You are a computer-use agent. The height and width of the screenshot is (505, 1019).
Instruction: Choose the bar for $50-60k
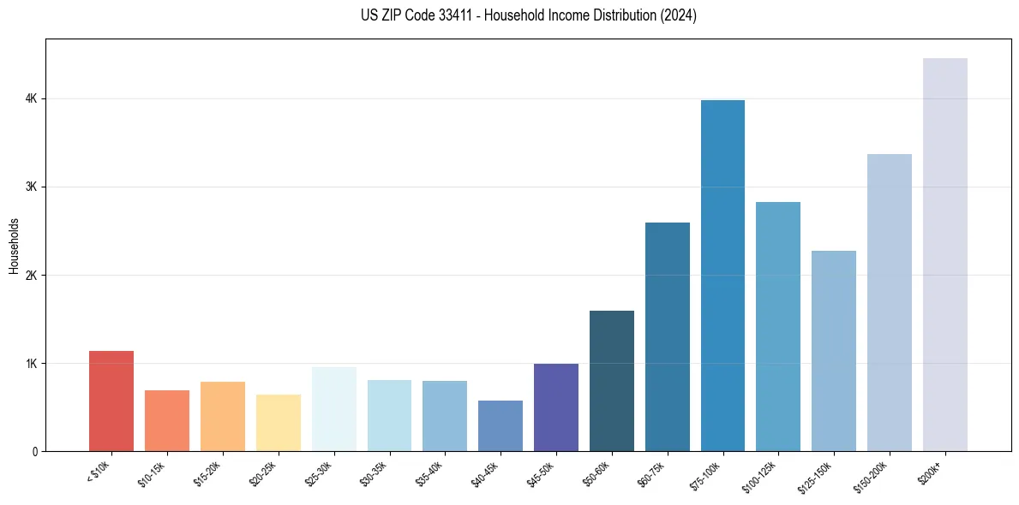pyautogui.click(x=612, y=381)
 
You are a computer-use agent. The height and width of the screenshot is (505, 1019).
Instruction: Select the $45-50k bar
pyautogui.click(x=556, y=407)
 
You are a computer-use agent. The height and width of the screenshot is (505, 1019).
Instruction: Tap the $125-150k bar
pyautogui.click(x=834, y=351)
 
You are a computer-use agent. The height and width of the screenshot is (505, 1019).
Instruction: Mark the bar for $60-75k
pyautogui.click(x=668, y=336)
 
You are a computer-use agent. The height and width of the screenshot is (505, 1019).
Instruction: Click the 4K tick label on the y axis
pyautogui.click(x=31, y=99)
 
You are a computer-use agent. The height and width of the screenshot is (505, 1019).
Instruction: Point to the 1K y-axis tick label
pyautogui.click(x=31, y=364)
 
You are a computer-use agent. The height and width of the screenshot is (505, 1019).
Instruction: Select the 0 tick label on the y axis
pyautogui.click(x=34, y=452)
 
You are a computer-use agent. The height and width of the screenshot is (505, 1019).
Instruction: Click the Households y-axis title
pyautogui.click(x=14, y=246)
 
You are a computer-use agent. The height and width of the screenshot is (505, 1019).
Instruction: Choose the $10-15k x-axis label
pyautogui.click(x=153, y=472)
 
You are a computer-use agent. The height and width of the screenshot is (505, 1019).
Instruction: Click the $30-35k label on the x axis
pyautogui.click(x=375, y=472)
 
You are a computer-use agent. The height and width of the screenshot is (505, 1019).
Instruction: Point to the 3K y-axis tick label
pyautogui.click(x=31, y=187)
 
